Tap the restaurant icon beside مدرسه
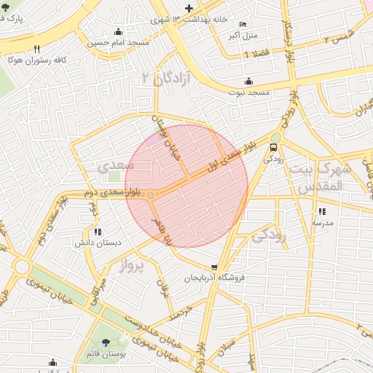321,212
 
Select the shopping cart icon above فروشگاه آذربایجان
213,267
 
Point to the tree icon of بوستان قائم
107,341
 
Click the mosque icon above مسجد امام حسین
118,31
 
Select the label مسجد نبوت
249,93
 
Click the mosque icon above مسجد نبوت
249,81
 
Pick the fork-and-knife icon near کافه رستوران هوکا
36,49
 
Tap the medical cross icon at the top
189,8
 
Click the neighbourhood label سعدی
116,166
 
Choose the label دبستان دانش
98,243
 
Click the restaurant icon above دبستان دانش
98,232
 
